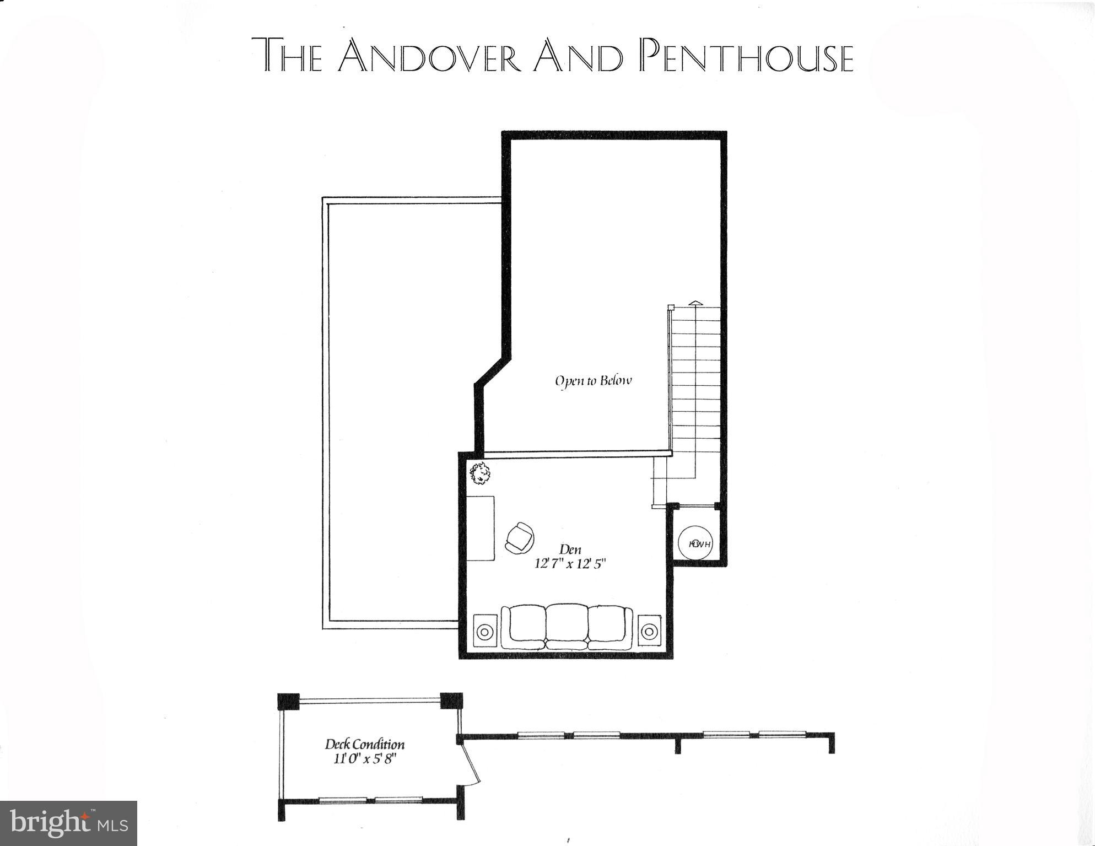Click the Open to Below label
pyautogui.click(x=593, y=381)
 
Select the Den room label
pyautogui.click(x=570, y=549)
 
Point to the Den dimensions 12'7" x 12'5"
pyautogui.click(x=570, y=564)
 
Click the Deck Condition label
pyautogui.click(x=364, y=745)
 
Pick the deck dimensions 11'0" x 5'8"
pyautogui.click(x=364, y=759)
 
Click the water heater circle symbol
pyautogui.click(x=695, y=544)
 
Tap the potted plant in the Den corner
pyautogui.click(x=480, y=473)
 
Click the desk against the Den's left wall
pyautogui.click(x=480, y=528)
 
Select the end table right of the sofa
pyautogui.click(x=649, y=630)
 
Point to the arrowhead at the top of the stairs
pyautogui.click(x=696, y=303)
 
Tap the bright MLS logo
pyautogui.click(x=68, y=823)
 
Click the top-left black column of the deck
pyautogui.click(x=288, y=702)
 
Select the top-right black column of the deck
pyautogui.click(x=452, y=702)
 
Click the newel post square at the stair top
pyautogui.click(x=671, y=308)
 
